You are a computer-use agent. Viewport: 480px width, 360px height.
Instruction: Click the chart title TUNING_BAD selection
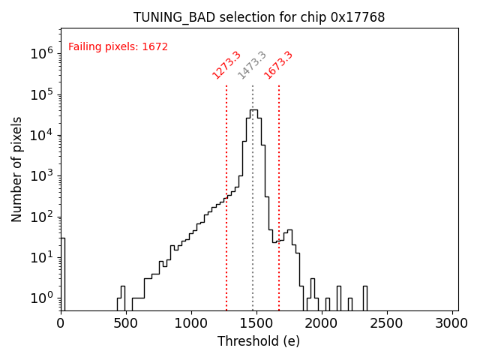tap(259, 17)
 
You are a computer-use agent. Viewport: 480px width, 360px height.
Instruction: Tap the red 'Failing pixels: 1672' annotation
tap(118, 47)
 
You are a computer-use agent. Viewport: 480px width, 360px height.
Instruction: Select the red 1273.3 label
tap(226, 65)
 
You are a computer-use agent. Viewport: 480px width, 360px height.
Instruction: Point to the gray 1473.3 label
tap(252, 65)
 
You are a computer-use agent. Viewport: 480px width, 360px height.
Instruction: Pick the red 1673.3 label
tap(278, 65)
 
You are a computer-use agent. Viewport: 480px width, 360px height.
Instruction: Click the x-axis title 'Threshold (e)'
tap(259, 341)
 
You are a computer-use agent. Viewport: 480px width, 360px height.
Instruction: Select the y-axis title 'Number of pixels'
tap(17, 169)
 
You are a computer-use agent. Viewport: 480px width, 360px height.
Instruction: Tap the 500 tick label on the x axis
tap(126, 323)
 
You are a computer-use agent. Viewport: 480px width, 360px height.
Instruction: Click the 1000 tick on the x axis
tap(191, 323)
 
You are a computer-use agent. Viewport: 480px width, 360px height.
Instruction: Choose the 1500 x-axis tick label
tap(256, 323)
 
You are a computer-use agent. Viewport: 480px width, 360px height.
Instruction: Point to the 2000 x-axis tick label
tap(322, 323)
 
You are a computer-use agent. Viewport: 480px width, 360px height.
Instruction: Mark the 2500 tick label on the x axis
tap(387, 323)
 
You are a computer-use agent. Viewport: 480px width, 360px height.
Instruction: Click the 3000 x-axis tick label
tap(452, 323)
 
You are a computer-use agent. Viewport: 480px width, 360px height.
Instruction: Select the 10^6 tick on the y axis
tap(40, 54)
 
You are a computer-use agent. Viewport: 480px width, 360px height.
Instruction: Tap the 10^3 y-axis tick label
tap(40, 176)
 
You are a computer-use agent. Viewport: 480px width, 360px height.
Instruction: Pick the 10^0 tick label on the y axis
tap(40, 298)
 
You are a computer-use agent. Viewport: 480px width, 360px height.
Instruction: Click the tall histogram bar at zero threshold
tap(63, 274)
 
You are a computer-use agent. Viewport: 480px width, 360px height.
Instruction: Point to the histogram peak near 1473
tap(253, 110)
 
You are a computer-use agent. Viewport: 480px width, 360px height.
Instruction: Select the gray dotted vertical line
tap(253, 210)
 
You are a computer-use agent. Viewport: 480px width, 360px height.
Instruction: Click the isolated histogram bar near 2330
tap(365, 298)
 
